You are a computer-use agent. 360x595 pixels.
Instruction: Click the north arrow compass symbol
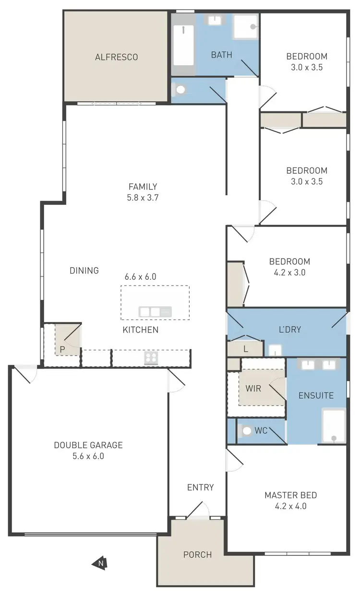click(99, 563)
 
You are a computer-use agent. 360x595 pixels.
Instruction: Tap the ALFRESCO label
click(116, 57)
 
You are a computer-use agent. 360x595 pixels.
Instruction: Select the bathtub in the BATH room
click(183, 45)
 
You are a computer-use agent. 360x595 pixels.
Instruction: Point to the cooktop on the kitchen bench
click(151, 357)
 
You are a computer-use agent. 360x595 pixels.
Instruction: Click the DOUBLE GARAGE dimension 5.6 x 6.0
click(88, 456)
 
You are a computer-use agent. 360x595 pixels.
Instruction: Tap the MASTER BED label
click(290, 495)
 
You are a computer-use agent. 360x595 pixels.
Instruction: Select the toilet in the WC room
click(247, 431)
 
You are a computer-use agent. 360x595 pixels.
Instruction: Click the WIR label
click(253, 388)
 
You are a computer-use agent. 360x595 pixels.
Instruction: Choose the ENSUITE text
click(316, 396)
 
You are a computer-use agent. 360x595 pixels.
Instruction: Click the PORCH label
click(197, 555)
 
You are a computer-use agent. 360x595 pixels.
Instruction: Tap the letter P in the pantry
click(62, 349)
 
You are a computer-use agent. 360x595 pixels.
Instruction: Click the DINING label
click(84, 271)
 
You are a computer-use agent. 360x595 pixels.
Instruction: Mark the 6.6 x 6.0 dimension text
click(140, 277)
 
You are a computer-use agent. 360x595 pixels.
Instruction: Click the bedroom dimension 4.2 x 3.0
click(289, 272)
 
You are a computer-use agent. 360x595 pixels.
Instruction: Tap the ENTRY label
click(200, 488)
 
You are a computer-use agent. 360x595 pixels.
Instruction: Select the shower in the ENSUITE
click(333, 425)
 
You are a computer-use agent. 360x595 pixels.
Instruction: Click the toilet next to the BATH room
click(180, 90)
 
